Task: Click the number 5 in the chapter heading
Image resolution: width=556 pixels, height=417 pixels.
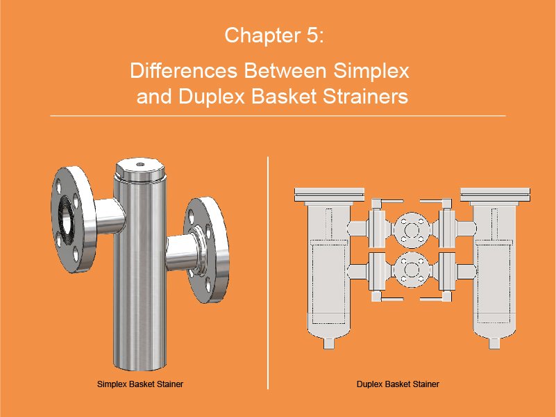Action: (x=312, y=35)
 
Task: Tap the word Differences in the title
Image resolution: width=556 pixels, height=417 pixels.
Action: (x=184, y=70)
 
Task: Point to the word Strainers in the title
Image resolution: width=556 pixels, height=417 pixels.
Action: (x=366, y=96)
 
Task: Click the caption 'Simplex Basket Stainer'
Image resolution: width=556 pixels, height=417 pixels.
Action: (x=140, y=384)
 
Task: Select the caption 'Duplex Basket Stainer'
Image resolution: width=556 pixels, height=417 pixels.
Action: (x=398, y=384)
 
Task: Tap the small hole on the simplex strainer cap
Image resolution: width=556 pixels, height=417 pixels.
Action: (x=140, y=164)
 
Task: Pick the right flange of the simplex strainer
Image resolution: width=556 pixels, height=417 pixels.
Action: (x=206, y=250)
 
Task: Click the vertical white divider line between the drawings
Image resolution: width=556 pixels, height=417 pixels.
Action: (x=268, y=272)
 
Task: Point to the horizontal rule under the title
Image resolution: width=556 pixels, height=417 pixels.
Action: (x=278, y=115)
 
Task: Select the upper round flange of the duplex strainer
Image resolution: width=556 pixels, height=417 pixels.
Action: (x=412, y=230)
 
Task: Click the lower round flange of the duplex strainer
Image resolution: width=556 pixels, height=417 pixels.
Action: (x=412, y=270)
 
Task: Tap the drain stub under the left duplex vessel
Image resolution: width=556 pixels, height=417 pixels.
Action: (x=329, y=343)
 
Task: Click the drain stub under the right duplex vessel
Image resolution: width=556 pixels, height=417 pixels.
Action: (x=495, y=343)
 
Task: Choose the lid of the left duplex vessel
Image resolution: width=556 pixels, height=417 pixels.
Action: (x=329, y=196)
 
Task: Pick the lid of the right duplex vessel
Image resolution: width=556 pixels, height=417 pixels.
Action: (x=496, y=196)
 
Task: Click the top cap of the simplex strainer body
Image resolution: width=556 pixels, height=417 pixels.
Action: (x=140, y=170)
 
